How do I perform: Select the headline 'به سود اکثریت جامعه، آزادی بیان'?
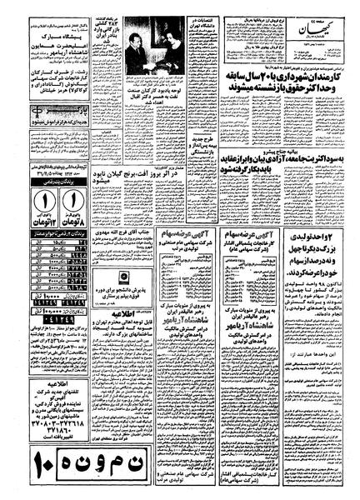267,122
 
